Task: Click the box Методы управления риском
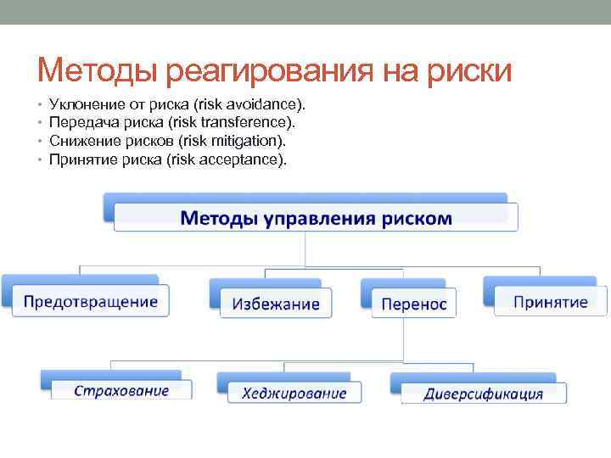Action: point(315,217)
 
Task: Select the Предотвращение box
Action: point(90,301)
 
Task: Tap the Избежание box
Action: point(276,303)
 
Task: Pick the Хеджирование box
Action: point(294,392)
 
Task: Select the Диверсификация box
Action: point(483,393)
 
